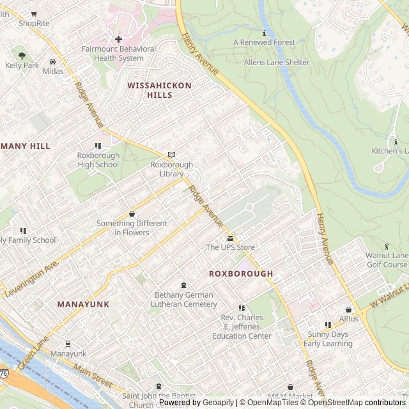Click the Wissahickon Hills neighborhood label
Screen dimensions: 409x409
click(150, 89)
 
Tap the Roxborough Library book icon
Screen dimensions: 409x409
click(171, 155)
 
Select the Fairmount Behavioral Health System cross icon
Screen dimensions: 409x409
click(118, 39)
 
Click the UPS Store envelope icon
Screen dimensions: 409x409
click(231, 238)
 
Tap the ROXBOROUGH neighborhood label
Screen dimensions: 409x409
click(241, 274)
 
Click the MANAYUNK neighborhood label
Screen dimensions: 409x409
click(83, 304)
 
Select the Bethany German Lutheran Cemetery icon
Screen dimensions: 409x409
click(184, 285)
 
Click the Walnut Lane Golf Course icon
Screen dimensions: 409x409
click(387, 245)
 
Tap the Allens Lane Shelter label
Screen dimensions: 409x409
click(276, 63)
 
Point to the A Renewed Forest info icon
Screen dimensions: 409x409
click(264, 33)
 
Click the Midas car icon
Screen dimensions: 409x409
click(52, 62)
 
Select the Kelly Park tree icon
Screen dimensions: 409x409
click(22, 56)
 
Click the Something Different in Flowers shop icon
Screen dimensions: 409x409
click(132, 213)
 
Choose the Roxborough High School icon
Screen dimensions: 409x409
click(98, 146)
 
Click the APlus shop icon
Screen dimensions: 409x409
click(349, 309)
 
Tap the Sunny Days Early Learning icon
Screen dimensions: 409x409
click(328, 325)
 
